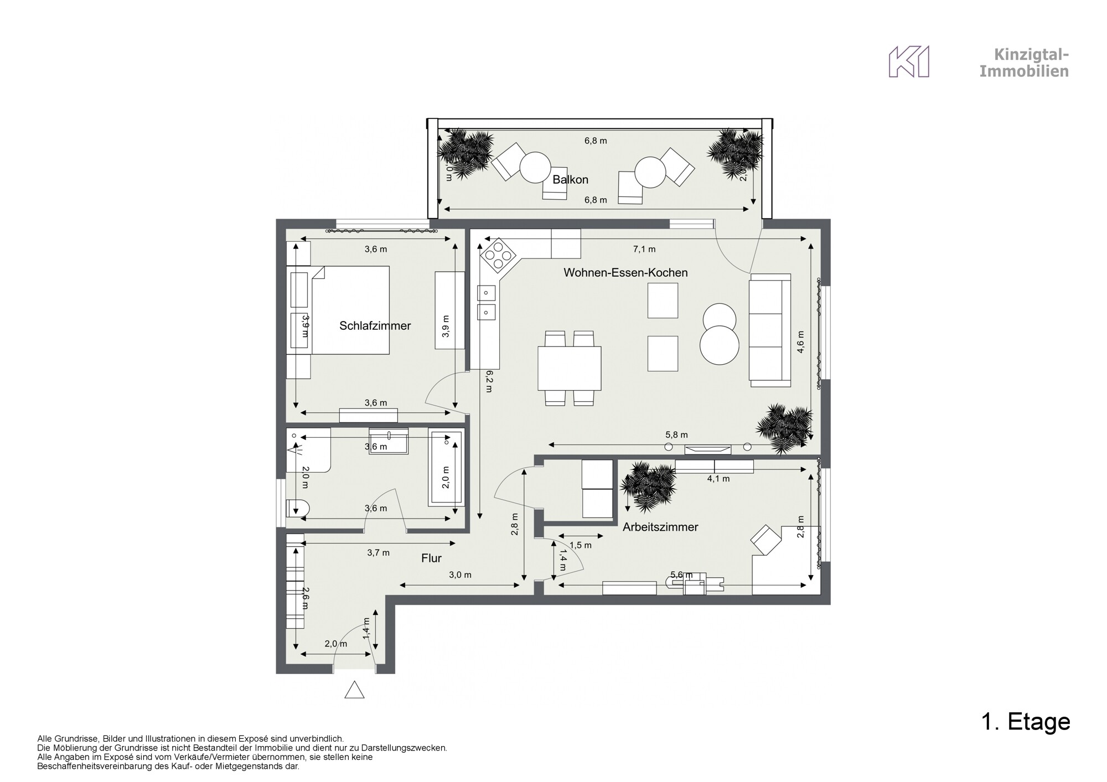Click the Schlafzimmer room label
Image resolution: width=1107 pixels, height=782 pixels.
point(375,326)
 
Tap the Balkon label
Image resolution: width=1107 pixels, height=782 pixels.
point(570,180)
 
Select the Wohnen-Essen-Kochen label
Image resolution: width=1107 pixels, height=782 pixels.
point(625,273)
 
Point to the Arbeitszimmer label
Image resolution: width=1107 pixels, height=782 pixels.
point(660,527)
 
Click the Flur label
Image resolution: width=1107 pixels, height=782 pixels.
point(431,558)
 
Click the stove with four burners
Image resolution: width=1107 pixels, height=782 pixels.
point(499,256)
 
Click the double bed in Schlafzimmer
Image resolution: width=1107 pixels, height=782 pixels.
point(350,310)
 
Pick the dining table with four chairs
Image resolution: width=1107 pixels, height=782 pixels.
point(570,368)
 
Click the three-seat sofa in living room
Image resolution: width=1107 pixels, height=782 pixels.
point(769,330)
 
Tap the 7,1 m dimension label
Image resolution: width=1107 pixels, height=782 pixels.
point(644,250)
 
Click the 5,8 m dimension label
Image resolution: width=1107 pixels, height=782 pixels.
point(676,436)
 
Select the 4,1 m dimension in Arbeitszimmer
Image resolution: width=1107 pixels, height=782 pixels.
point(718,479)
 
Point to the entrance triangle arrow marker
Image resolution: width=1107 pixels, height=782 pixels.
point(354,691)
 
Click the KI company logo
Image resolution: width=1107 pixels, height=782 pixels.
point(909,62)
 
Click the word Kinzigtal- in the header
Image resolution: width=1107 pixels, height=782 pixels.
point(1031,55)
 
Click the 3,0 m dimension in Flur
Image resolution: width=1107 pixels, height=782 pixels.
point(460,575)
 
